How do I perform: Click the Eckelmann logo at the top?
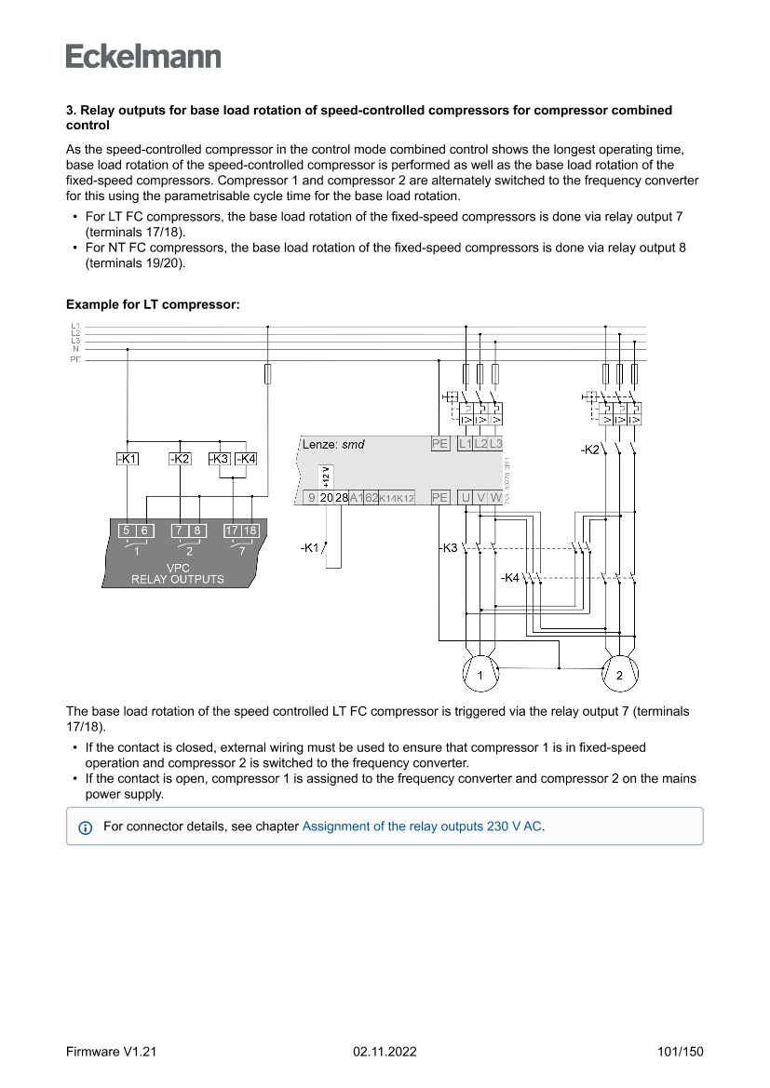click(x=143, y=56)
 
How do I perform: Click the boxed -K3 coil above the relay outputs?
click(x=219, y=459)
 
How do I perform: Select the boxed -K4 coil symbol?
click(x=246, y=459)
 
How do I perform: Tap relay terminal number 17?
click(x=232, y=531)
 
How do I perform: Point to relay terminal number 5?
click(x=127, y=531)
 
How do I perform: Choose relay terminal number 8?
click(x=197, y=531)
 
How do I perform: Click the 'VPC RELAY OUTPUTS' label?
click(x=177, y=573)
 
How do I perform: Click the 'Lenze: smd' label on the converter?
click(x=333, y=444)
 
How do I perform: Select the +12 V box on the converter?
click(x=325, y=476)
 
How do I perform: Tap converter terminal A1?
click(x=356, y=498)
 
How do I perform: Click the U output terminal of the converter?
click(x=466, y=498)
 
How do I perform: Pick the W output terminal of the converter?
click(x=495, y=498)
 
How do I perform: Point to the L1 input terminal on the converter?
click(x=466, y=444)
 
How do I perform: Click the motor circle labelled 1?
click(x=480, y=675)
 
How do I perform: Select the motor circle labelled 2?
click(x=619, y=675)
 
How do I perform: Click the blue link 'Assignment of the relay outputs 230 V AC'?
click(x=422, y=826)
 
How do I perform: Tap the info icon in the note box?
click(x=86, y=826)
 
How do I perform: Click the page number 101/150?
click(x=680, y=1052)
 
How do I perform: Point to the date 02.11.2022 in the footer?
click(x=385, y=1052)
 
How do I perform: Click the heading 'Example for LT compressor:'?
click(x=153, y=304)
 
